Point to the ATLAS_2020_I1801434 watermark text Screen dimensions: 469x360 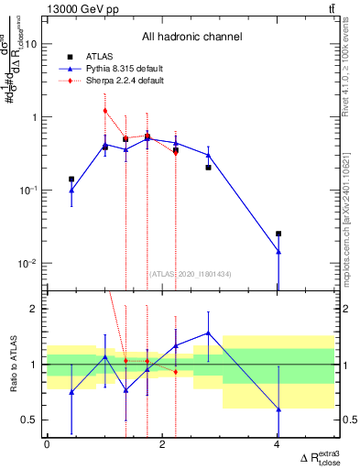[191, 273]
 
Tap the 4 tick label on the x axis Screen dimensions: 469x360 [278, 444]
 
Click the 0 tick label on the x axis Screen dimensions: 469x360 [47, 444]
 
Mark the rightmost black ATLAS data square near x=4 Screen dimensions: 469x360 [278, 234]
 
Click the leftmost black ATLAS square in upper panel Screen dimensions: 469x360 [71, 180]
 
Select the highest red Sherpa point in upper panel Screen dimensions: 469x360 [105, 111]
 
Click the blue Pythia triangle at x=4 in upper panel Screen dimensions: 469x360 [278, 251]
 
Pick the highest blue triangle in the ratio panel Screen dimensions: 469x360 [209, 333]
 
